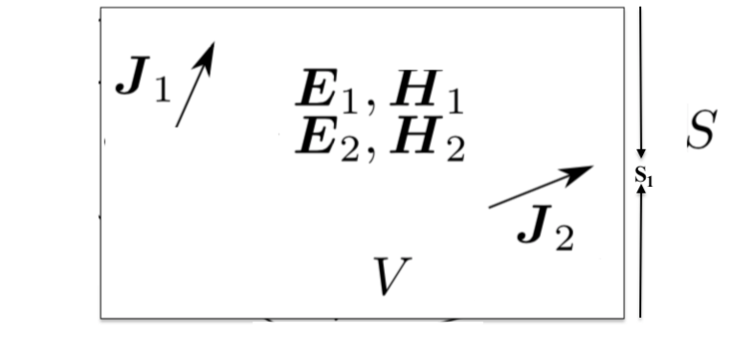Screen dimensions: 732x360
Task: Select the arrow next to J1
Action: (194, 84)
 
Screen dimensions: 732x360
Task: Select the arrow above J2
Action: (541, 187)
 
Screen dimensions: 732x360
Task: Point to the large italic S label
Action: (699, 133)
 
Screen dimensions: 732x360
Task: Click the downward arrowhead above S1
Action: (641, 155)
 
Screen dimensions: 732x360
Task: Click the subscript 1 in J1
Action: (160, 92)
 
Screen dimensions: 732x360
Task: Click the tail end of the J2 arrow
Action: (491, 206)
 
